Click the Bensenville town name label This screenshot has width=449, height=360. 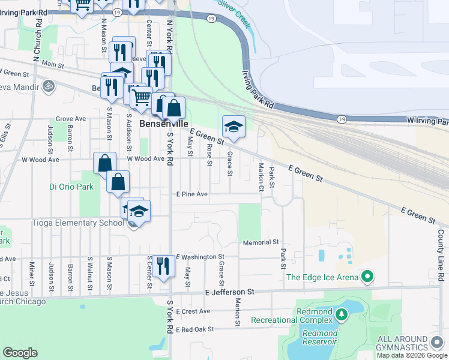(x=160, y=124)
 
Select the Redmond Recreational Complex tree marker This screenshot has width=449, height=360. (x=342, y=314)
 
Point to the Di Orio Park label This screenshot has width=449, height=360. (x=71, y=187)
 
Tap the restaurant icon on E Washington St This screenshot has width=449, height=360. (x=163, y=265)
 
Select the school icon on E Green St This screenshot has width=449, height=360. (x=234, y=127)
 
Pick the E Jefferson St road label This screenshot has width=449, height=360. (x=230, y=292)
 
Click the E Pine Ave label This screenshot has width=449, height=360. (x=191, y=194)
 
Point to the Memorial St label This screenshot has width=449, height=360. (x=261, y=242)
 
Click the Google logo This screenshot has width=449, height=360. (x=20, y=353)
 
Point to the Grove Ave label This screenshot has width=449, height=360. (x=71, y=119)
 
